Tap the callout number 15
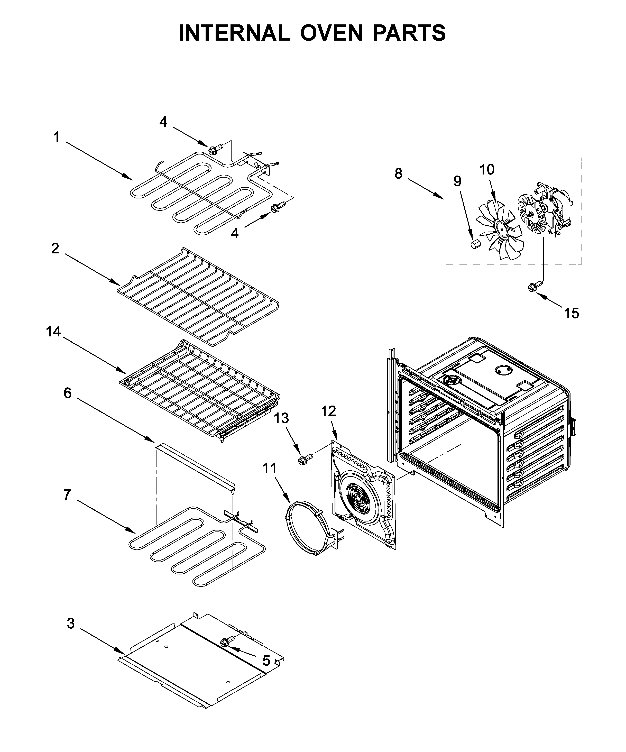(x=571, y=313)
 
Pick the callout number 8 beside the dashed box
(x=398, y=174)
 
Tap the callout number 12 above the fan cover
(x=328, y=411)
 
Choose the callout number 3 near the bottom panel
(x=71, y=623)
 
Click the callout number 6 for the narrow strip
(x=67, y=393)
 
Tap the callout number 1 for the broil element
(x=56, y=137)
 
